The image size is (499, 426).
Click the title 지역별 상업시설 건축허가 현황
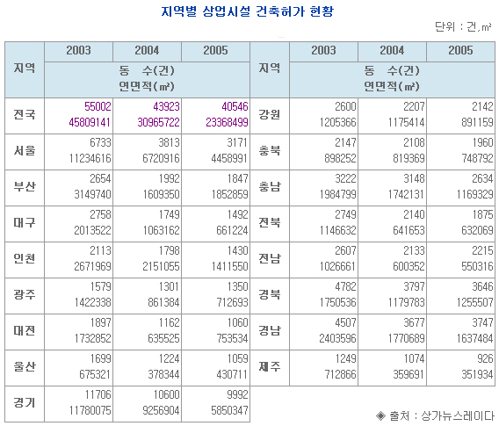247,11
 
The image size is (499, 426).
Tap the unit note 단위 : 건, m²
463,26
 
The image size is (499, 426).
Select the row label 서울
25,150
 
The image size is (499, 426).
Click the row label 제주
270,366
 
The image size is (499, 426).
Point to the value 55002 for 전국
98,106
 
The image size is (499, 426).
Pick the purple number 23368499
227,122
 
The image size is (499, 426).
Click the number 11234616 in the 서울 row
90,158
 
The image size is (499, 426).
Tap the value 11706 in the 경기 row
98,394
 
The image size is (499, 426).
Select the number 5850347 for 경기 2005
229,410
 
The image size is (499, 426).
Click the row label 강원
270,114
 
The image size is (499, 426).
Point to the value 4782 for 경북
345,286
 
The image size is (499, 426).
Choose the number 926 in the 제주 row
485,358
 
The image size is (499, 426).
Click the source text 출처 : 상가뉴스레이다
435,415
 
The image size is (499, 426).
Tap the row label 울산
25,366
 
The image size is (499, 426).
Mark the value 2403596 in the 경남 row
337,338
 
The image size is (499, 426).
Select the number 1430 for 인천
237,250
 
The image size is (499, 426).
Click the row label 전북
270,222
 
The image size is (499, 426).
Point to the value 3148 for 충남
414,178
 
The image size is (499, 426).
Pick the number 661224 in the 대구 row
232,230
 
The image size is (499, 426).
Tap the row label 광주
25,294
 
